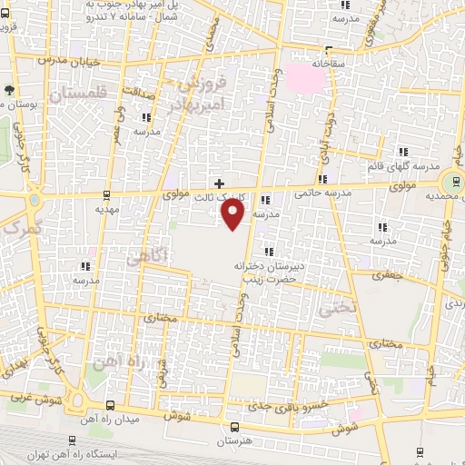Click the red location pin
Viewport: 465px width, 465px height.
[233, 213]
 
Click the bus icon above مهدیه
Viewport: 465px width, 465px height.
[109, 194]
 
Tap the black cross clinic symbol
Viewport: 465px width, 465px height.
[219, 183]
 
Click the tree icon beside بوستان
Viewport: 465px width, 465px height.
[9, 90]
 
